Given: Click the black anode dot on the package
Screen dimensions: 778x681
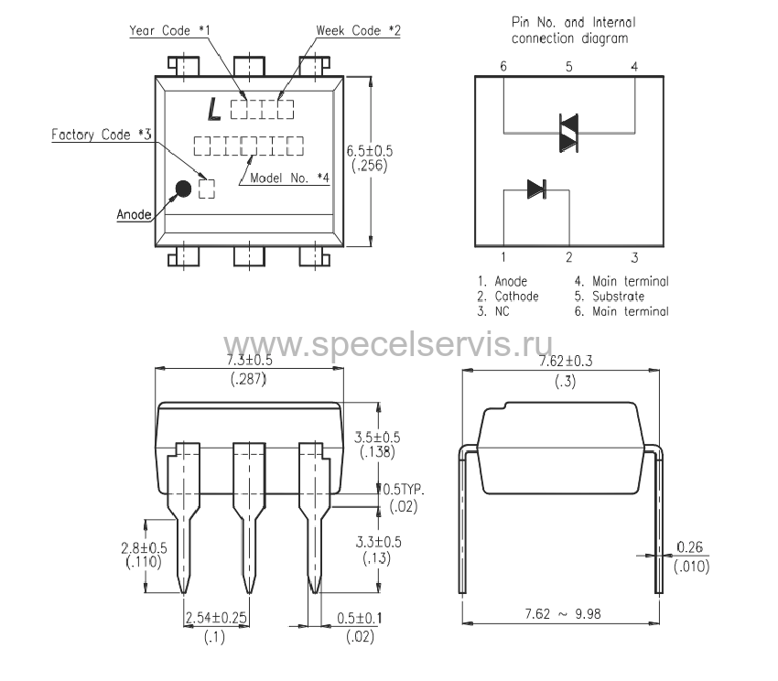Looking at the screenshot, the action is [x=184, y=189].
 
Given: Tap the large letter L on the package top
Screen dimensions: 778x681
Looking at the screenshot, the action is [x=214, y=109].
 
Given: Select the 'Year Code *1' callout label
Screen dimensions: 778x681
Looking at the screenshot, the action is [x=169, y=31].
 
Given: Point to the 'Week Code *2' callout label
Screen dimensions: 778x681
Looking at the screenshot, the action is [x=358, y=31].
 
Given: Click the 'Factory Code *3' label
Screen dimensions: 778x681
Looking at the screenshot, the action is [x=102, y=135].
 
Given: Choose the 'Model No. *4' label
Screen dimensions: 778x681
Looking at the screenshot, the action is [x=289, y=178].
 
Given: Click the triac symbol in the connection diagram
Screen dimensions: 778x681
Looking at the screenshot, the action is [x=568, y=133].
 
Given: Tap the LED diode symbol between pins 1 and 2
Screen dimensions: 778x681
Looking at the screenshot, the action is [x=537, y=189].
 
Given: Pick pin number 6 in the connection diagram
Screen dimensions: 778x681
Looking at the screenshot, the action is [x=503, y=66].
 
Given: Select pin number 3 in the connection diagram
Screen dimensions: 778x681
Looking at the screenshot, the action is [x=634, y=257].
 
